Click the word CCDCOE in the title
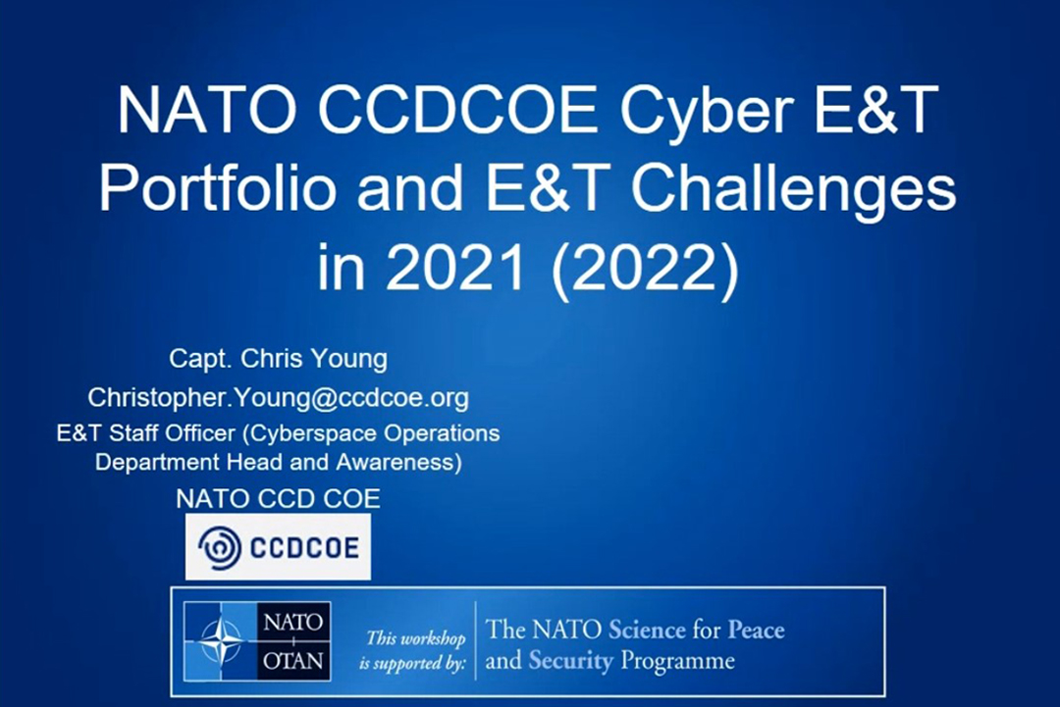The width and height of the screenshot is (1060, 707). coord(457,110)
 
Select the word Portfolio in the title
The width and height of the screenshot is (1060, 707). coord(217,187)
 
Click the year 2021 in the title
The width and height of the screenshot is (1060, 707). coord(455,267)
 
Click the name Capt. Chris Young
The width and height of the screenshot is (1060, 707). coord(279,359)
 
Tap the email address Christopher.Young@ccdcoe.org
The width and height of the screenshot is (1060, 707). coord(278,398)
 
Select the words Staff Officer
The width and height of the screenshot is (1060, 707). coord(172,432)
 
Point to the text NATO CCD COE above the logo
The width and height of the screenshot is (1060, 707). coord(278,499)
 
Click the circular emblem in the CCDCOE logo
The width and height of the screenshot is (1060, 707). coord(220,547)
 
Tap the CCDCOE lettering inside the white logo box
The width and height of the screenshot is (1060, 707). coord(304,547)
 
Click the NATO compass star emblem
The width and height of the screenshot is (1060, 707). coord(221,640)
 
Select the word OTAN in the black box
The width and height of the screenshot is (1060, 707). coord(293,660)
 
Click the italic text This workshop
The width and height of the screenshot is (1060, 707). coord(416,638)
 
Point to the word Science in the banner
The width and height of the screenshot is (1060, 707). coord(647,630)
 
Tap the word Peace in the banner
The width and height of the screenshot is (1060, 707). coord(756,630)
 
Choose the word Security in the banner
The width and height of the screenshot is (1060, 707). coord(570,661)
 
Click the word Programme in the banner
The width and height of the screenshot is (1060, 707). coord(677,661)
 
